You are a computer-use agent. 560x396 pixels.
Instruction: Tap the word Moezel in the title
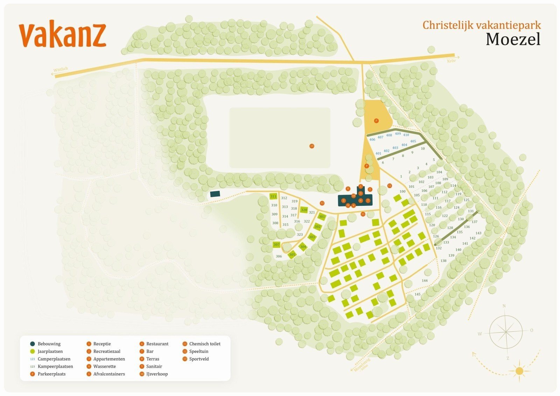(x=513, y=39)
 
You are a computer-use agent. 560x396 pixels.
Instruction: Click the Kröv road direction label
(x=452, y=61)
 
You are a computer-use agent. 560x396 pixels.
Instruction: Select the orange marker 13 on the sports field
(x=312, y=146)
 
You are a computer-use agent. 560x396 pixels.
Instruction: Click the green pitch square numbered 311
(x=273, y=196)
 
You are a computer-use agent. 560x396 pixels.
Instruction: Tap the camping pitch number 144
(x=425, y=281)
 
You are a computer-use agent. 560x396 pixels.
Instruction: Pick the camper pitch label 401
(x=378, y=153)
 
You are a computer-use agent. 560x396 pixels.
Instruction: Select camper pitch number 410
(x=406, y=135)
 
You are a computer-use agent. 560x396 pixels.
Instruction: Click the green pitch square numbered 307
(x=277, y=244)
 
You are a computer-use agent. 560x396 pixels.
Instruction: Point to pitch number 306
(x=279, y=256)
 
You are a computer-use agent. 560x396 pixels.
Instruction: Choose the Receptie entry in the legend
(x=102, y=344)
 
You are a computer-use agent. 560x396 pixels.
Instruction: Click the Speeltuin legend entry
(x=198, y=351)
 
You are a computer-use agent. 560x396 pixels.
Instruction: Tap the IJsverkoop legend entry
(x=157, y=374)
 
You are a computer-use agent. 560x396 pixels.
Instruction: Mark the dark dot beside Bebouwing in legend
(x=33, y=344)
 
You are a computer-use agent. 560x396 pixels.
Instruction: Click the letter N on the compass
(x=504, y=306)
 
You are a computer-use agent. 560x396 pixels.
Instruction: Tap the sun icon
(x=519, y=370)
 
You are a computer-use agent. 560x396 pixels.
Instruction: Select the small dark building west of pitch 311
(x=215, y=194)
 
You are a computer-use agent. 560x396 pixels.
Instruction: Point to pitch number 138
(x=443, y=261)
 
